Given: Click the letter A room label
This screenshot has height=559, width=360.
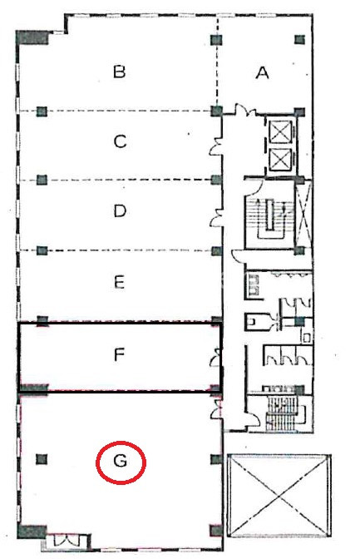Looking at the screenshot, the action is point(263,73).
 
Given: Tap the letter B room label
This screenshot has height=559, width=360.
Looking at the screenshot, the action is point(120,72).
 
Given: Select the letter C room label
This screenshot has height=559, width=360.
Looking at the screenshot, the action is point(120,141).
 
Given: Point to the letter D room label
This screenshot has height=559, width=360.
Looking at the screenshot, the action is point(120,211).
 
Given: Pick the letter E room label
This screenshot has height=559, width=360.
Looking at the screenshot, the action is point(120,282).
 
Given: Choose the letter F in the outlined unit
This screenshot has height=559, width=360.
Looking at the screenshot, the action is point(119,354).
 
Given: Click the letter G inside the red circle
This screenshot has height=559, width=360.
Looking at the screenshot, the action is point(120,462).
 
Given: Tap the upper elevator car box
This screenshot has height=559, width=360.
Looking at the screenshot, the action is point(280,131).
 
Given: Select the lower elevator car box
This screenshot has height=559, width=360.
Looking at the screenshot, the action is point(280,160).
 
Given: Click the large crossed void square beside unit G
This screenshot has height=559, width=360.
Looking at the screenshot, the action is point(279,496).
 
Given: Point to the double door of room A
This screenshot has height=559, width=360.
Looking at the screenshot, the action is point(245,110).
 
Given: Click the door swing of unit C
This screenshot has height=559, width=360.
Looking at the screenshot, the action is point(216,147).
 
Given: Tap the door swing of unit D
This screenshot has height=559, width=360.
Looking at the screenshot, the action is point(216,218).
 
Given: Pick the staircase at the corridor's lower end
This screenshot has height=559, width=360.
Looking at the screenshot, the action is point(286,413).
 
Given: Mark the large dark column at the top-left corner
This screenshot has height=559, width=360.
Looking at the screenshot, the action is point(32,37).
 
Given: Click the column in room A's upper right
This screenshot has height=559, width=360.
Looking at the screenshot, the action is point(300,39).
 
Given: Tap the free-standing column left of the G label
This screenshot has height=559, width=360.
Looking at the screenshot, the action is point(42,459).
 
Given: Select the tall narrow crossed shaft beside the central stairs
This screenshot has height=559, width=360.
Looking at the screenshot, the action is point(304,214).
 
